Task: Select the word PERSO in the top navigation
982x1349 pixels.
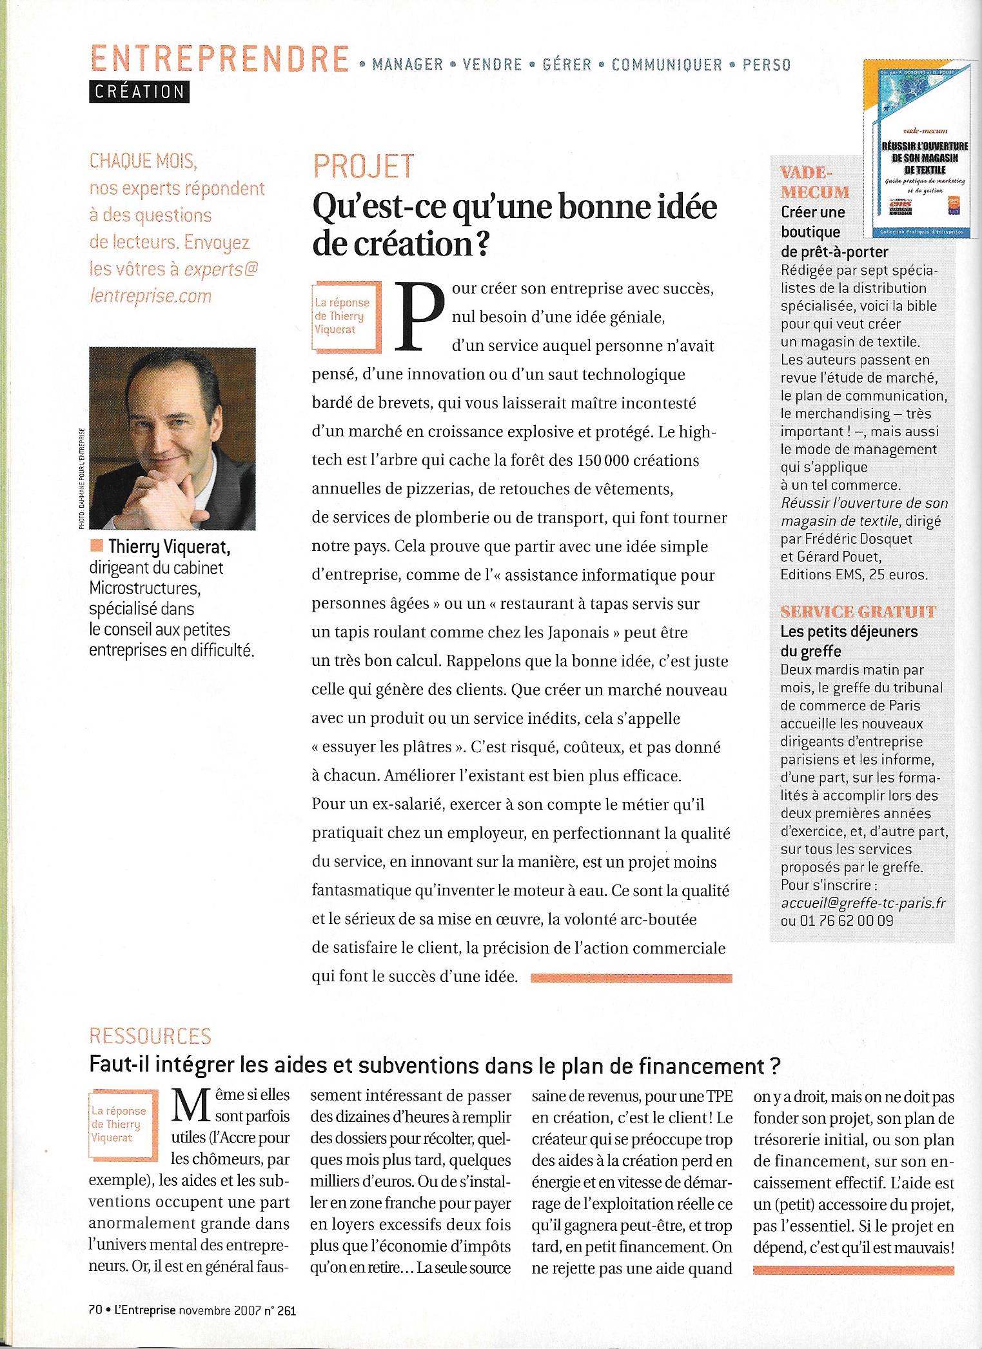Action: pos(766,65)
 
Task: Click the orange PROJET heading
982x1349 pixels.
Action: pos(364,166)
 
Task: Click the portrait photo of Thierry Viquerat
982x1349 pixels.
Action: pos(172,438)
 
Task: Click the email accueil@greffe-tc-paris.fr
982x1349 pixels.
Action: pos(863,903)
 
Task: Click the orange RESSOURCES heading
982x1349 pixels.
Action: pos(150,1035)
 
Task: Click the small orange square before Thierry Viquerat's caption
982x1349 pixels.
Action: pos(97,547)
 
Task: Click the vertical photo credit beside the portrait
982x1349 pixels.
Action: pos(82,479)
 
